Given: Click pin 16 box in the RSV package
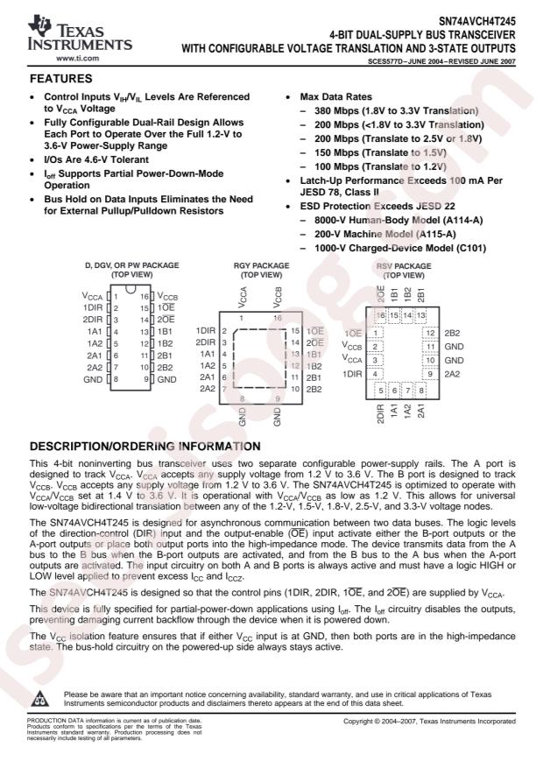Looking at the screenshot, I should tap(381, 314).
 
